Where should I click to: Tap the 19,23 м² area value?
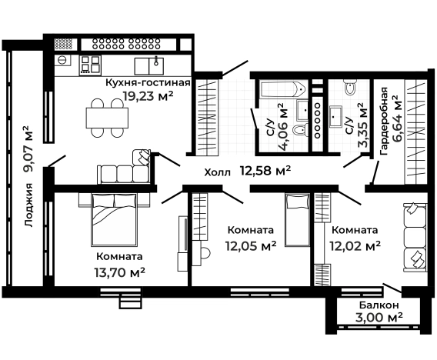point(147,95)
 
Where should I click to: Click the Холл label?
point(217,172)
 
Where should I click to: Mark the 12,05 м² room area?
point(250,246)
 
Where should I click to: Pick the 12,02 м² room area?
point(355,246)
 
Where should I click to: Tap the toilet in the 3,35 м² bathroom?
point(352,88)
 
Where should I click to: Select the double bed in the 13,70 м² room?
point(115,218)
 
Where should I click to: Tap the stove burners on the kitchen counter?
point(91,62)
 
